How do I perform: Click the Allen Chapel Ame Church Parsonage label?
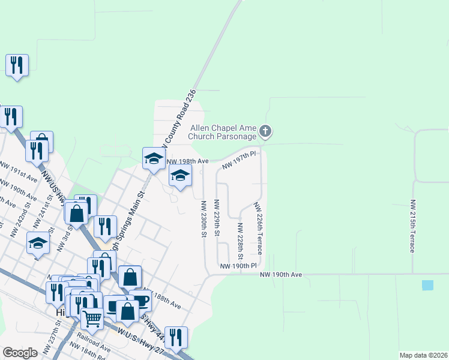pyautogui.click(x=224, y=132)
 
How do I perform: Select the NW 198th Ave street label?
pyautogui.click(x=187, y=161)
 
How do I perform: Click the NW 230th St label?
pyautogui.click(x=203, y=218)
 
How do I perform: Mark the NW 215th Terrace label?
pyautogui.click(x=413, y=226)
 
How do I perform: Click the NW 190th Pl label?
pyautogui.click(x=238, y=266)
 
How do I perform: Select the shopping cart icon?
pyautogui.click(x=92, y=318)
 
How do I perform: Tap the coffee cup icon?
pyautogui.click(x=139, y=300)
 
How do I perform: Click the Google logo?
pyautogui.click(x=20, y=353)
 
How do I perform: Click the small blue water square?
pyautogui.click(x=427, y=286)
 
